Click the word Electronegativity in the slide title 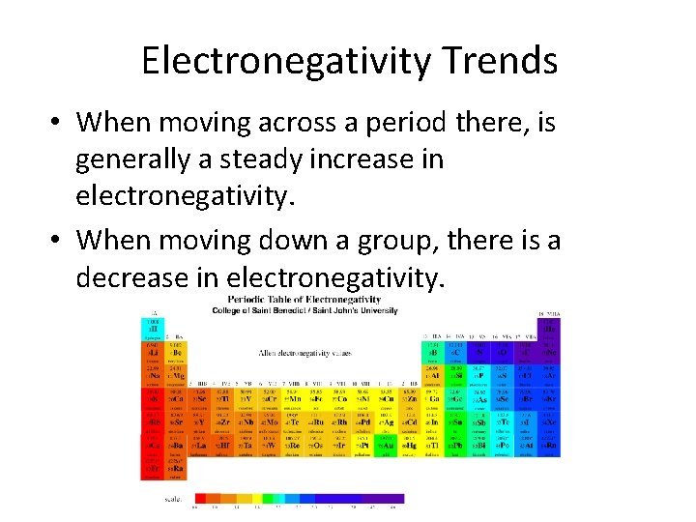pos(280,61)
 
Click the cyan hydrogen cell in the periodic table pos(153,325)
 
